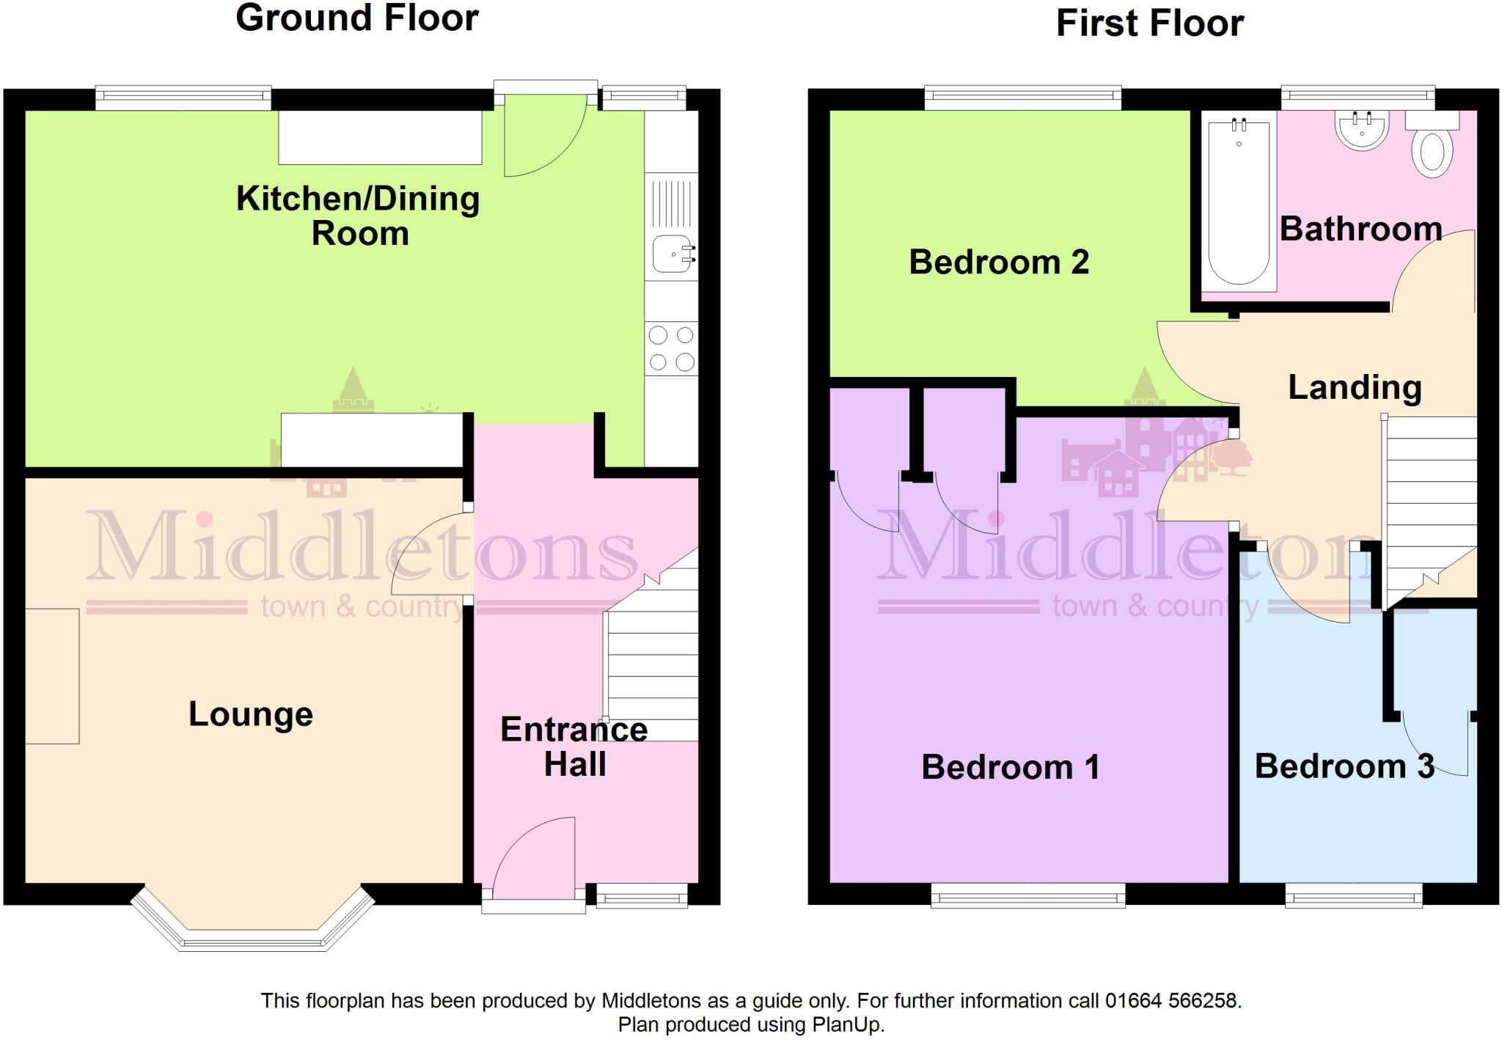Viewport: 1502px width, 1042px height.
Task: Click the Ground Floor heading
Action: point(357,18)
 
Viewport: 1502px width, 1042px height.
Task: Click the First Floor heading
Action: point(1149,23)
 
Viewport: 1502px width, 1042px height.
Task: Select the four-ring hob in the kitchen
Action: point(671,348)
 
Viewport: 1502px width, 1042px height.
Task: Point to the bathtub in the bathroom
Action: point(1239,202)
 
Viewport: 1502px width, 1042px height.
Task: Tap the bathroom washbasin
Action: point(1362,131)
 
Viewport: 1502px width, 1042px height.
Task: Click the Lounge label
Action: point(251,714)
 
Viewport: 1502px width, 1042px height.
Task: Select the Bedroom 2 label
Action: point(999,263)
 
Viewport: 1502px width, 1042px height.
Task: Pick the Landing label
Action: point(1355,387)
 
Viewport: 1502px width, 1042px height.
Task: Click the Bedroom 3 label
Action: point(1344,766)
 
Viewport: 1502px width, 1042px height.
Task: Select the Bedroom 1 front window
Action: point(1027,895)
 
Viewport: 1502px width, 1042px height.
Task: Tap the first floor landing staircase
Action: point(1429,499)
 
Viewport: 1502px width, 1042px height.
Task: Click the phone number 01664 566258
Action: point(1171,1001)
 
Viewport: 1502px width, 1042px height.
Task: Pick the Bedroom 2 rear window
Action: point(1022,97)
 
